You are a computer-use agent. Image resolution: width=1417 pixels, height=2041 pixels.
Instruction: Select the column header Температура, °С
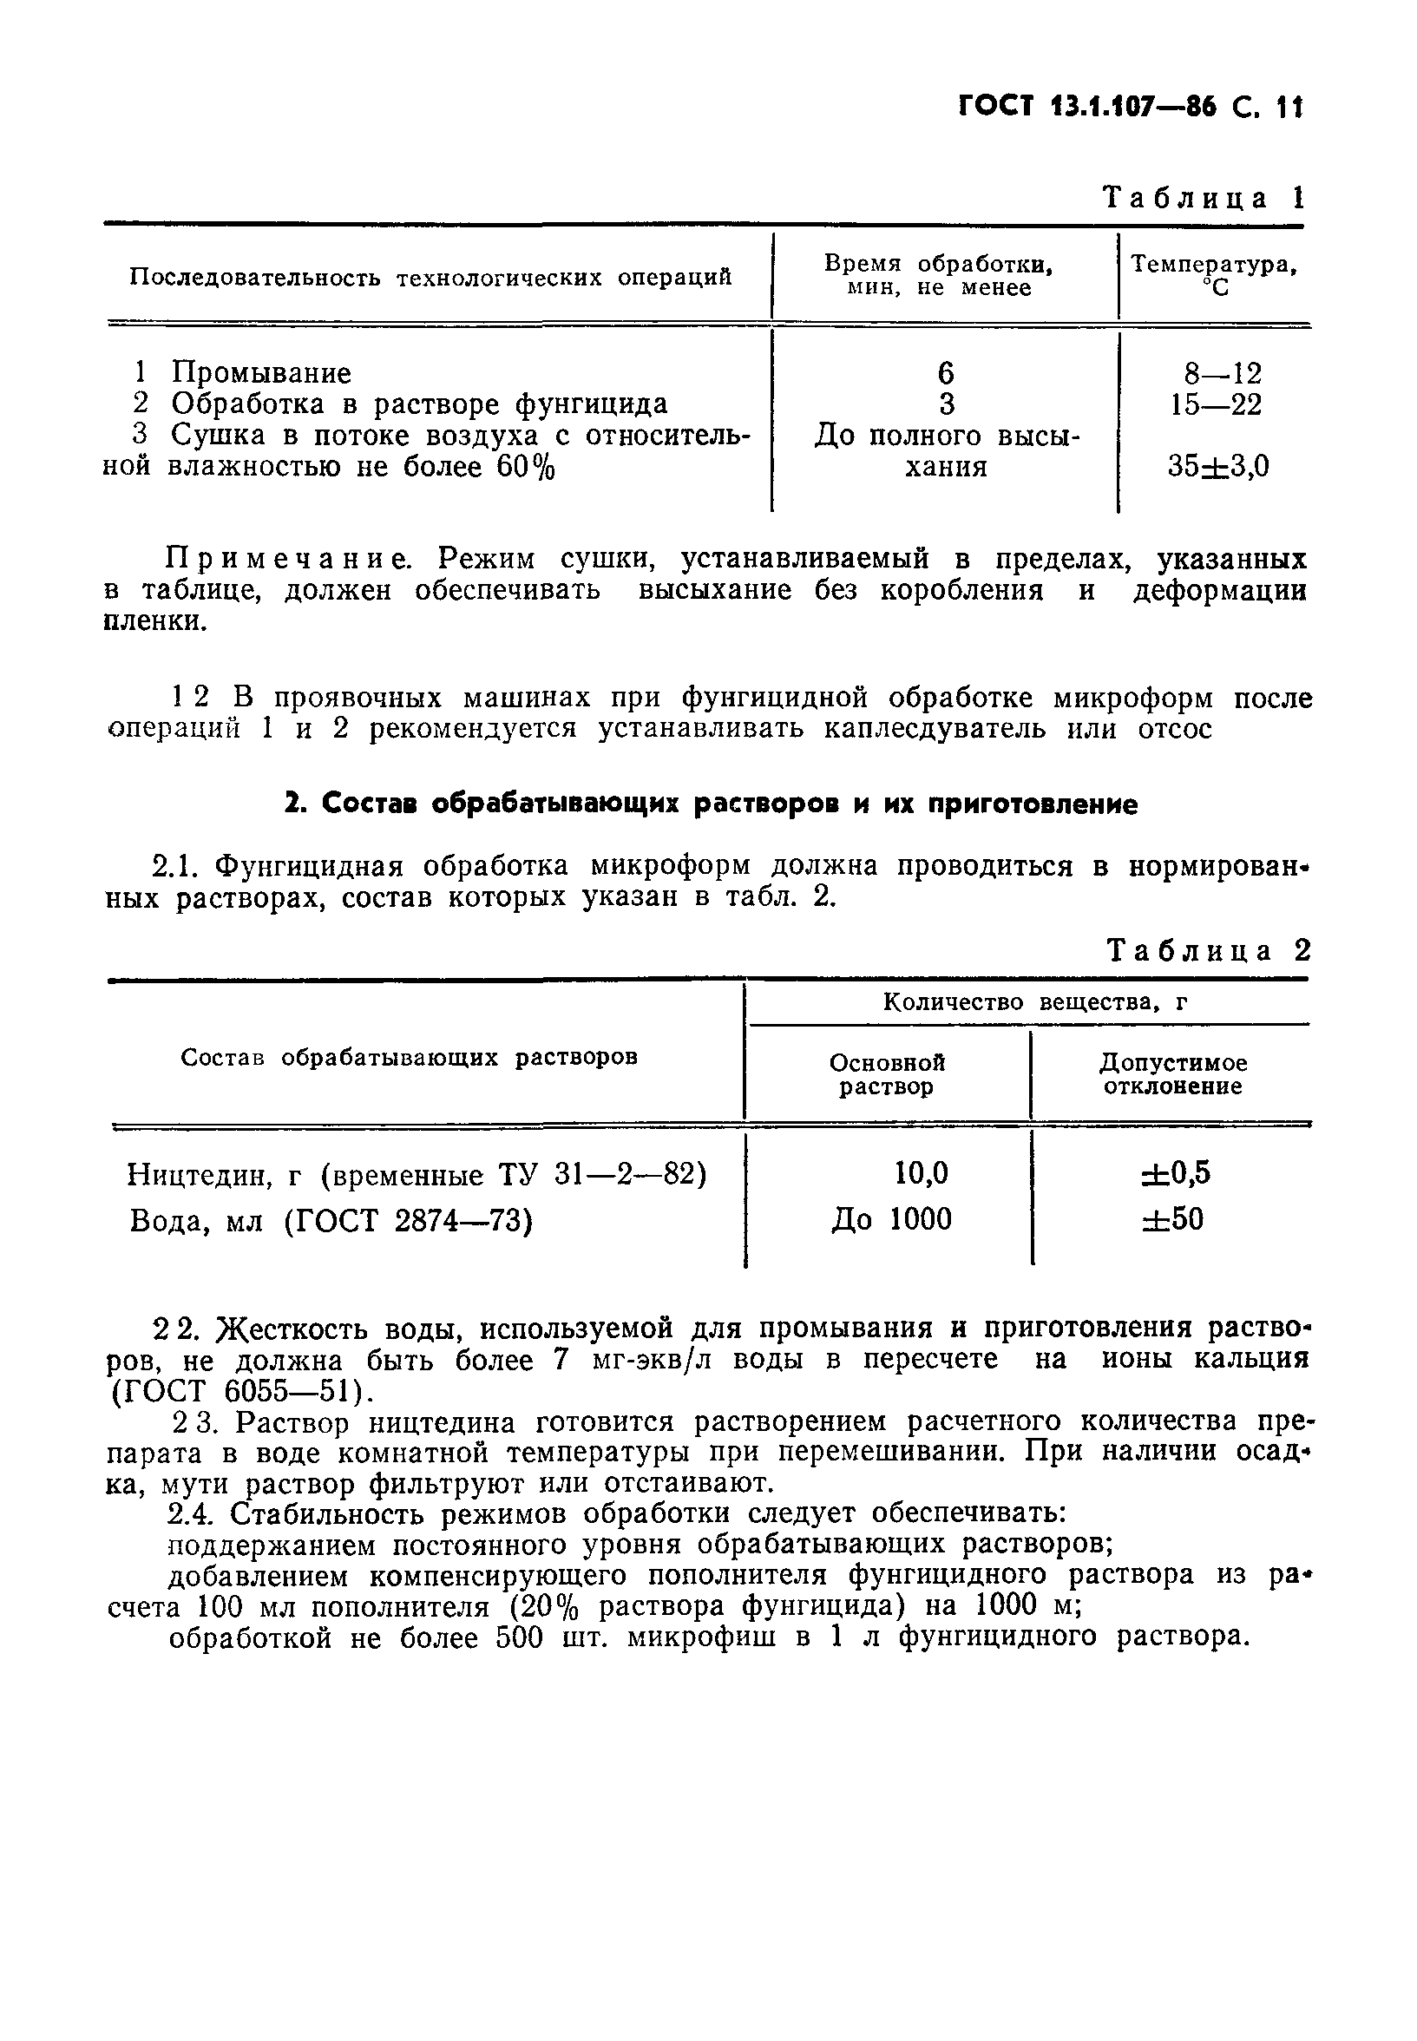pyautogui.click(x=1214, y=275)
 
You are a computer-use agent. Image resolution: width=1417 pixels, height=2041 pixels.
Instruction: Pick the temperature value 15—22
pyautogui.click(x=1216, y=405)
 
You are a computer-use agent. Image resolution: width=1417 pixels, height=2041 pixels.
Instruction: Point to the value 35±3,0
pyautogui.click(x=1218, y=466)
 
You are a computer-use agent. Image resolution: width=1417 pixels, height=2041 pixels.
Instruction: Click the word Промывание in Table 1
pyautogui.click(x=261, y=373)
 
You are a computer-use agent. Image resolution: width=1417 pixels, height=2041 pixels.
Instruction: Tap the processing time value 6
pyautogui.click(x=946, y=373)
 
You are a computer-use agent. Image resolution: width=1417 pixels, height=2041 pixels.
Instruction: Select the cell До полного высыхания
pyautogui.click(x=947, y=451)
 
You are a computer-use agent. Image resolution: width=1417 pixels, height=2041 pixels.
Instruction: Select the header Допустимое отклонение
pyautogui.click(x=1173, y=1074)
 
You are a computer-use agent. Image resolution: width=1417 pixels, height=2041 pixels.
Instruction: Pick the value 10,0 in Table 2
pyautogui.click(x=921, y=1173)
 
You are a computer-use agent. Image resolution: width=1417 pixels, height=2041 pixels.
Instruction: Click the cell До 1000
pyautogui.click(x=891, y=1220)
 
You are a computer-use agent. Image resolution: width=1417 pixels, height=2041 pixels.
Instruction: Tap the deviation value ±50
pyautogui.click(x=1173, y=1220)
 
